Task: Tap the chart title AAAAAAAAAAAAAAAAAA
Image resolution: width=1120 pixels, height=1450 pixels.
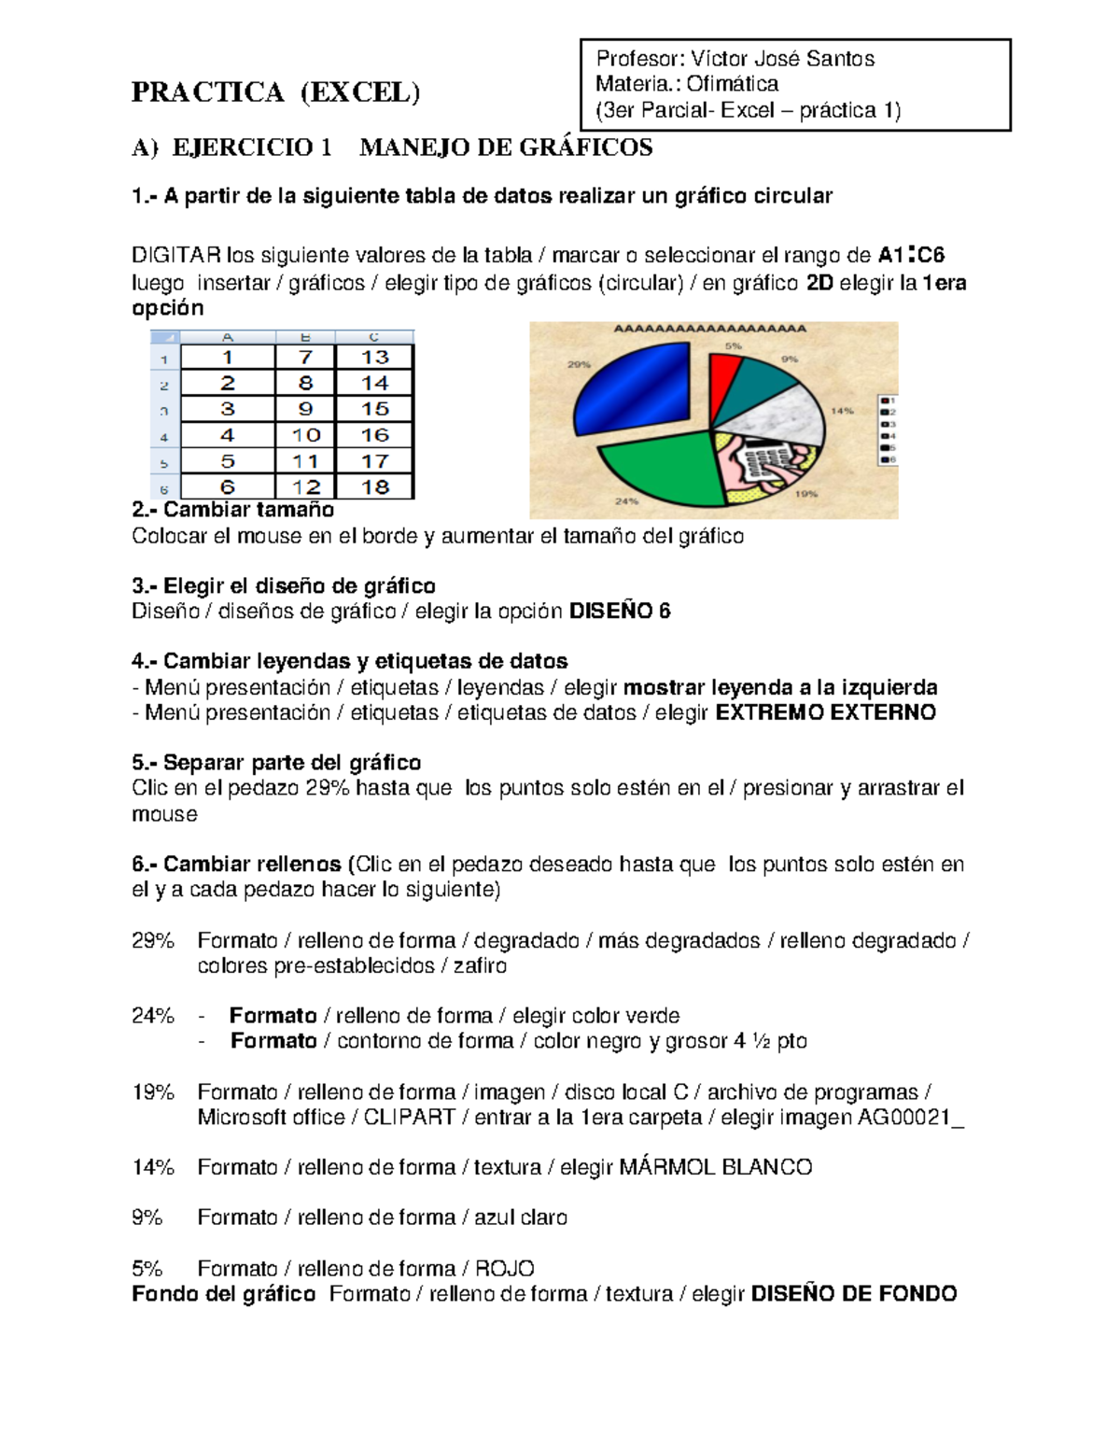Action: tap(709, 330)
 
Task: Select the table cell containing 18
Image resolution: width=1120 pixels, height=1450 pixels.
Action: tap(374, 486)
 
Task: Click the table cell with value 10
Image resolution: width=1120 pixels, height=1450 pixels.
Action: tap(305, 435)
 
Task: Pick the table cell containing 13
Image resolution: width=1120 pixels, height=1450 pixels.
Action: tap(374, 358)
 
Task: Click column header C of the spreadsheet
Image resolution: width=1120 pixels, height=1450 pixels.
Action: tap(374, 337)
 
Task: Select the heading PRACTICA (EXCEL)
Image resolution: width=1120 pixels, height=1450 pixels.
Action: tap(276, 92)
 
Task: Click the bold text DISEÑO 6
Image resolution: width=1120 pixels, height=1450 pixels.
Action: tap(620, 612)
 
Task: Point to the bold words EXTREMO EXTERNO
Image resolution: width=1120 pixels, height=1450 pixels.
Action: tap(825, 713)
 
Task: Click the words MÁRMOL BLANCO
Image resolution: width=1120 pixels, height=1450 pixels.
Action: tap(716, 1167)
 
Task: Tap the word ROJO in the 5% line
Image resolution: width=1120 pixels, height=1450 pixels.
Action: tap(504, 1268)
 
